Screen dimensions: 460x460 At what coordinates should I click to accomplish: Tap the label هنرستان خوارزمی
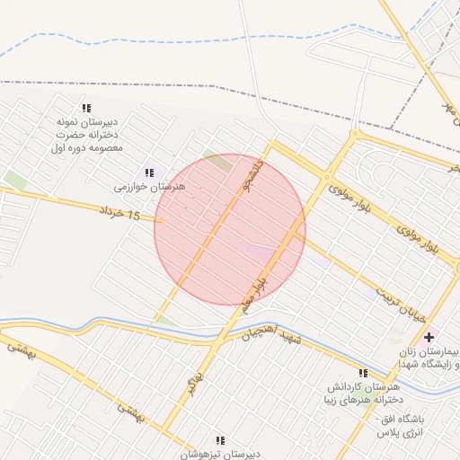click(x=149, y=186)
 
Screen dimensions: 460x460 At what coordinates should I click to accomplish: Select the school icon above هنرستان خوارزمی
click(x=149, y=172)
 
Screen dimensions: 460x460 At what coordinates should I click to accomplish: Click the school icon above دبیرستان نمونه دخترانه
click(x=86, y=108)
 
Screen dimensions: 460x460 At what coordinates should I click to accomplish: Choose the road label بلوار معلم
click(x=258, y=291)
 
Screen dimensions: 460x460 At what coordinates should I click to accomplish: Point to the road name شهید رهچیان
click(x=268, y=334)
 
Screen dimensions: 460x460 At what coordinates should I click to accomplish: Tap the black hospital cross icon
click(x=429, y=338)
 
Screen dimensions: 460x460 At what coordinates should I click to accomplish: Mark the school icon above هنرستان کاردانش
click(x=363, y=373)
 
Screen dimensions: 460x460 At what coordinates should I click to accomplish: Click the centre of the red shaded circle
click(x=230, y=229)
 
